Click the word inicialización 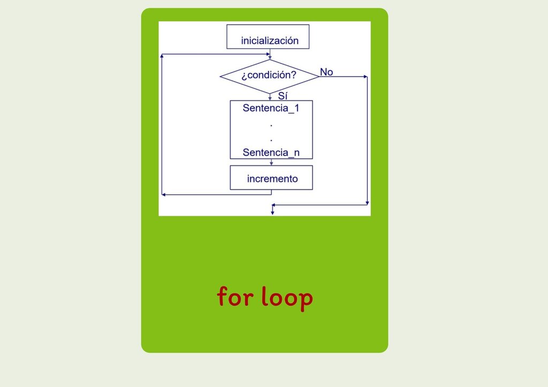[270, 41]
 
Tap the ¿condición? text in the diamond [269, 75]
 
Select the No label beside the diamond [326, 72]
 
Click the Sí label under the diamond [283, 95]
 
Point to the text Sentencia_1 [271, 108]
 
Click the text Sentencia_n [271, 153]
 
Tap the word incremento [272, 179]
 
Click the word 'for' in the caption [235, 297]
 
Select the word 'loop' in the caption [287, 297]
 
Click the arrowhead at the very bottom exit [272, 213]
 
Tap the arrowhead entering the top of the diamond [270, 57]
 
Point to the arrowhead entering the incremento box [271, 163]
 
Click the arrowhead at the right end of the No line [366, 77]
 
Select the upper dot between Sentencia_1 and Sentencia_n [271, 126]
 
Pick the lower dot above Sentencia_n [271, 141]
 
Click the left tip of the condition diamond [220, 77]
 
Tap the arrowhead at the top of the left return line [162, 56]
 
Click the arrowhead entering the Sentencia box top [270, 98]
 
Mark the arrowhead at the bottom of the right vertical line [367, 203]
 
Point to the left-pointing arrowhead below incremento [164, 195]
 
